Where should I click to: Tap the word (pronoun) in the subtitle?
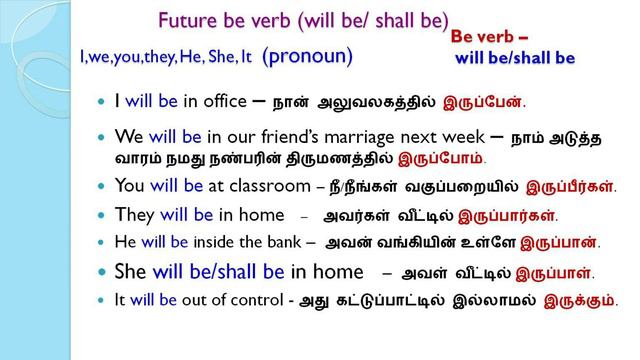(308, 56)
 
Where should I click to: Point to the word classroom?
(265, 185)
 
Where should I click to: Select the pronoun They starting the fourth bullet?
(133, 214)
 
